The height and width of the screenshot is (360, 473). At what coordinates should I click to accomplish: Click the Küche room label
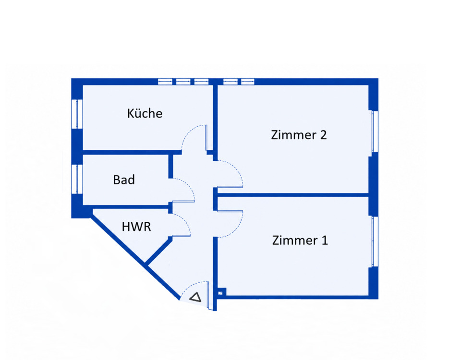click(145, 113)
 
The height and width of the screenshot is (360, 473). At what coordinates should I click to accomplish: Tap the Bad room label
click(124, 180)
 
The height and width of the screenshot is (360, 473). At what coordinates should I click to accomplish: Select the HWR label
click(136, 227)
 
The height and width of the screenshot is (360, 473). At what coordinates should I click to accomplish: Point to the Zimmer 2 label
click(299, 135)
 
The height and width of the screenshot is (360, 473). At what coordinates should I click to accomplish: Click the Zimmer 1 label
click(300, 240)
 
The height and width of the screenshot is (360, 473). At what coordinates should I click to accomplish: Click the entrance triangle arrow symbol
click(195, 297)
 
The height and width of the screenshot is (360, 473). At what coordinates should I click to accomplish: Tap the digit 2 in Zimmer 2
click(323, 135)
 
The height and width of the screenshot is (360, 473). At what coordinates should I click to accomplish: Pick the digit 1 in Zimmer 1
click(325, 240)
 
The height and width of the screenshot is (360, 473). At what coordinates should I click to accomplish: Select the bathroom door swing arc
click(190, 185)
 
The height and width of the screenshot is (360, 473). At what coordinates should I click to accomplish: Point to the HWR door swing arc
click(186, 220)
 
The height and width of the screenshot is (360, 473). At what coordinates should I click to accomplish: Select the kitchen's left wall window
click(77, 114)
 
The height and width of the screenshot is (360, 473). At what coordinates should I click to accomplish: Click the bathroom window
click(77, 179)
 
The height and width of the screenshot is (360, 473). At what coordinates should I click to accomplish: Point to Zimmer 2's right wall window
click(375, 132)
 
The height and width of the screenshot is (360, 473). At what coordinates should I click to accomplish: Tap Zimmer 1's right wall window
click(375, 241)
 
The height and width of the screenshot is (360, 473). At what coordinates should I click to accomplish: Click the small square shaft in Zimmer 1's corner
click(220, 293)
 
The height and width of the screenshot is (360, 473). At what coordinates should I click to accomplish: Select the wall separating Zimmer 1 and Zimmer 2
click(293, 195)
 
